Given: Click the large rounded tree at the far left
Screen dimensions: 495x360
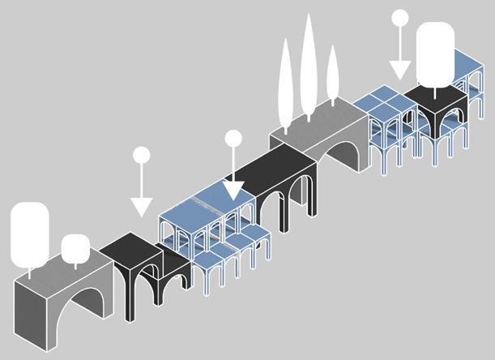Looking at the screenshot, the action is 30,234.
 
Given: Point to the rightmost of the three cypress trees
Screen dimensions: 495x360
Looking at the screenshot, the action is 331,75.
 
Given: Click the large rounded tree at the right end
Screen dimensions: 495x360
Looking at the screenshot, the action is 435,53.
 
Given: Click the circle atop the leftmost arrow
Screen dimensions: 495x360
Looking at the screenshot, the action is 142,154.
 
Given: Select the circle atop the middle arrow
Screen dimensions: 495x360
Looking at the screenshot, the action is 233,138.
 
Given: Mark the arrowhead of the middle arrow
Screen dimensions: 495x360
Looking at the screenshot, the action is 233,191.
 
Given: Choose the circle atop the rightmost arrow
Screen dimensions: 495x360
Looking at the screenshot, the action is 400,17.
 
